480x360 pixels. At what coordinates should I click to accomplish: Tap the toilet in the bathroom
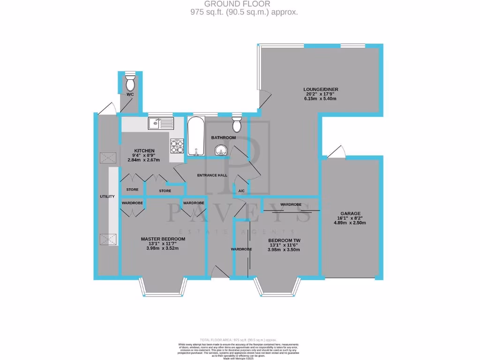pyautogui.click(x=237, y=124)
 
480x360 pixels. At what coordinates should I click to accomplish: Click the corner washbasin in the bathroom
pyautogui.click(x=221, y=150)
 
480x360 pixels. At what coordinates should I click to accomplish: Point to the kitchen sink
pyautogui.click(x=155, y=124)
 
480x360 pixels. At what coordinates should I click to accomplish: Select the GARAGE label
pyautogui.click(x=351, y=213)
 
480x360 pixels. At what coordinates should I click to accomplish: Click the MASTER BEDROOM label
pyautogui.click(x=163, y=239)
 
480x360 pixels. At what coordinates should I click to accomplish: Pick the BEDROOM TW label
pyautogui.click(x=284, y=240)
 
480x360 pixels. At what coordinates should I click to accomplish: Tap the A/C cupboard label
pyautogui.click(x=242, y=191)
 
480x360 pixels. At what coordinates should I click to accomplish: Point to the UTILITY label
pyautogui.click(x=107, y=196)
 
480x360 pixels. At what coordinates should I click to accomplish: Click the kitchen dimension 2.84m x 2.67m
pyautogui.click(x=140, y=160)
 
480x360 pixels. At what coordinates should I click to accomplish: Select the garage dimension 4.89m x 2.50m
pyautogui.click(x=351, y=223)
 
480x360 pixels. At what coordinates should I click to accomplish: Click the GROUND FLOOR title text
pyautogui.click(x=243, y=4)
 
